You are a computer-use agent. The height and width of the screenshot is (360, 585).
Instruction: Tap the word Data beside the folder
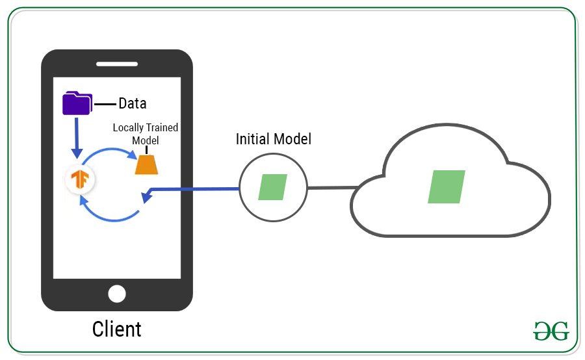pos(132,103)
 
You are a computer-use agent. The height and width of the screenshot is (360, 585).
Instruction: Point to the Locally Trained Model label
pos(146,133)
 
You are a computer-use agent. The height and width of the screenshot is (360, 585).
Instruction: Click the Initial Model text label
pos(273,139)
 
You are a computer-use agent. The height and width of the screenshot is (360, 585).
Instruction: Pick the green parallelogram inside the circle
pos(273,187)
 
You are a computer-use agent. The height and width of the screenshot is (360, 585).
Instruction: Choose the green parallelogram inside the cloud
pos(447,186)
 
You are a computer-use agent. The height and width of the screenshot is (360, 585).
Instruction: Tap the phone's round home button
pos(117,294)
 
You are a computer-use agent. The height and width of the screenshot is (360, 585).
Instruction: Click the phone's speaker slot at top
pos(117,64)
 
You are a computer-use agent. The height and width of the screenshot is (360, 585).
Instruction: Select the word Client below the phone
pos(117,329)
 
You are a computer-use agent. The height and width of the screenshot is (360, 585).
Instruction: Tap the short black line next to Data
pos(105,103)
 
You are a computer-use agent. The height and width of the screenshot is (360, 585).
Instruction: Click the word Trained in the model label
pos(165,127)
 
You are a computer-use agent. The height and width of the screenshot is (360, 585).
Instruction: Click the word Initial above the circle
pos(252,139)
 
